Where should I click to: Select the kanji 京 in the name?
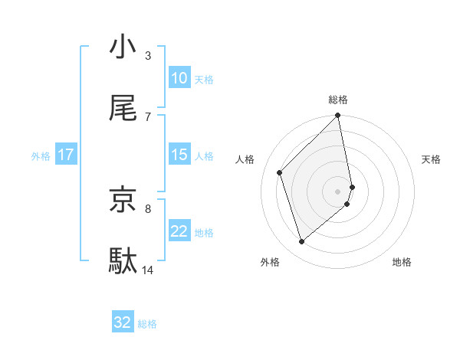(x=123, y=200)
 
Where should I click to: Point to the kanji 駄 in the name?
(x=123, y=261)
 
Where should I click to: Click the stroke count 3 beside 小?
(x=148, y=55)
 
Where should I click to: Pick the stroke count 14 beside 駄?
(x=148, y=270)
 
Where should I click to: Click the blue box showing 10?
(x=179, y=78)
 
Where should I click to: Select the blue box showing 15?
(x=179, y=155)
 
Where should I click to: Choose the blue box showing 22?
(x=179, y=231)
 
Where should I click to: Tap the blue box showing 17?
(x=66, y=155)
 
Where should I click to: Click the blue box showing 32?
(x=123, y=322)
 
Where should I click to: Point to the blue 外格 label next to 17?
(x=41, y=155)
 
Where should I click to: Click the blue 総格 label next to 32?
(x=148, y=324)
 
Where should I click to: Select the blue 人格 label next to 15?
(x=204, y=155)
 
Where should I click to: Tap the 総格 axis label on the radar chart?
(x=338, y=100)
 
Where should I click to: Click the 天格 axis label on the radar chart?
(x=432, y=159)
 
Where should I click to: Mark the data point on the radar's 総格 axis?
(x=338, y=116)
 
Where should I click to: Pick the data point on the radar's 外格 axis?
(x=302, y=242)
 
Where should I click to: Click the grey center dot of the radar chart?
(x=338, y=190)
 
